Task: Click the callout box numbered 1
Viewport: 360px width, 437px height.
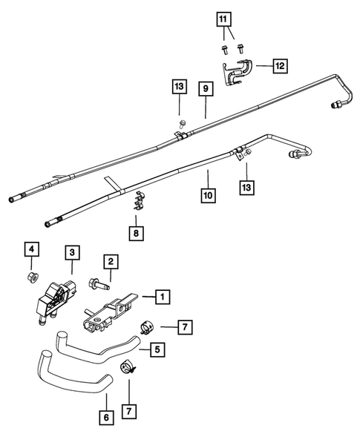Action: point(162,297)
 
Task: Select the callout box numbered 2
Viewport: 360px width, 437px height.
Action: point(109,261)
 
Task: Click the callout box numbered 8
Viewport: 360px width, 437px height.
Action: point(135,234)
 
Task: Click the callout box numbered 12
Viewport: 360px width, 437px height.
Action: point(278,67)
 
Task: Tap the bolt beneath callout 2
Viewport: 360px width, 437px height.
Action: point(99,283)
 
